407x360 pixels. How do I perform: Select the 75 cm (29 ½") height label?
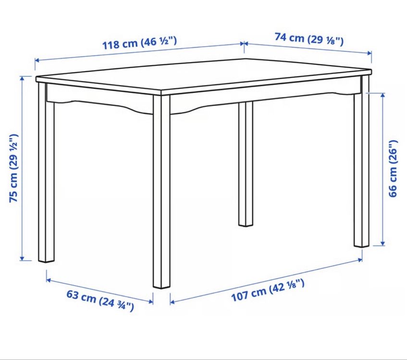pos(14,168)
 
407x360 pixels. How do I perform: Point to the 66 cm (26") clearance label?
pos(393,168)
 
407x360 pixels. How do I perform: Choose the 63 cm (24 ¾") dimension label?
pos(100,300)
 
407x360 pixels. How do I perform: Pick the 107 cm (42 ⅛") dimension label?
pos(268,290)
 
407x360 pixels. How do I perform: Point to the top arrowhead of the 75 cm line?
pos(22,78)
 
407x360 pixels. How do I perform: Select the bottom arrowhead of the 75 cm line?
pos(22,258)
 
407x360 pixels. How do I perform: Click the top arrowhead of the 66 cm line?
pos(382,95)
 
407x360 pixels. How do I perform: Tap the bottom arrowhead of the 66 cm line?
pos(382,243)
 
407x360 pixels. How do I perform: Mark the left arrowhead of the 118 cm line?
pos(37,60)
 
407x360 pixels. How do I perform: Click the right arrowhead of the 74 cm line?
pos(370,53)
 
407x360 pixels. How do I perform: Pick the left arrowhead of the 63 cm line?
pos(49,280)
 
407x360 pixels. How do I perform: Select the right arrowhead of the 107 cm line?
pos(360,259)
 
